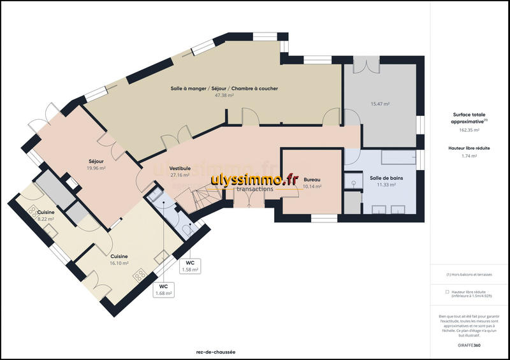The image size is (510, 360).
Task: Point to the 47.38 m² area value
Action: pos(224,95)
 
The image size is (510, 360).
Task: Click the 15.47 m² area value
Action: pos(381,103)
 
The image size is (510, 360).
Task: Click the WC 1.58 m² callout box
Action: pos(190,266)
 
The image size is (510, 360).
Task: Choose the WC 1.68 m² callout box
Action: pos(163,290)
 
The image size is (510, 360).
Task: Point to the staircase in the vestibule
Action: pos(198,194)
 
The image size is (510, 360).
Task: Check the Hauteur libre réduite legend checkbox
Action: pos(447,292)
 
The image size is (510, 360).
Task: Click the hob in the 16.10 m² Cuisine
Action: pos(138,275)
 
